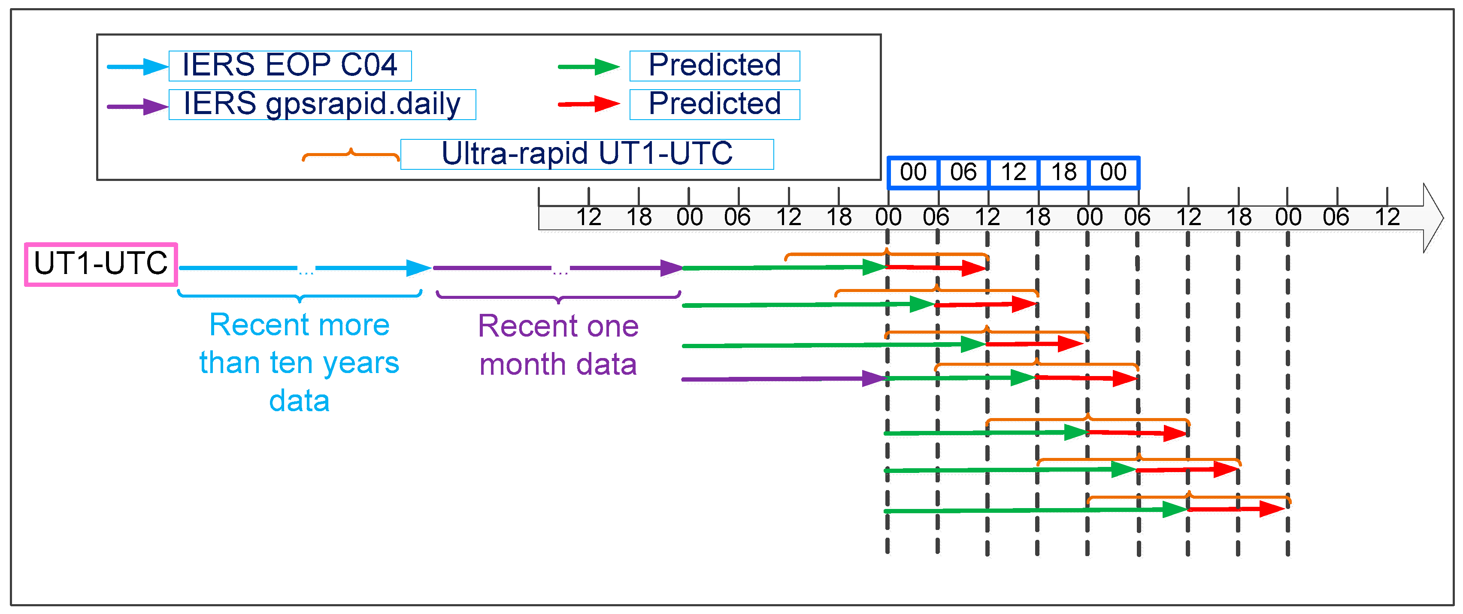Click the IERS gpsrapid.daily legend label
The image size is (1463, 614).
click(x=322, y=105)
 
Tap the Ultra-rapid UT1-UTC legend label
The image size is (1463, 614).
click(x=587, y=154)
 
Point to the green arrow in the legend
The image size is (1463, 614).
click(x=589, y=67)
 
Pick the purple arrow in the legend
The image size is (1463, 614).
click(x=137, y=106)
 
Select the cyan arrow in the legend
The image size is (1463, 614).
click(x=137, y=67)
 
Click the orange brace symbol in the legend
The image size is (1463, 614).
click(x=351, y=155)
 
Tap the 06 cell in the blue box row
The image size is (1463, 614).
click(x=963, y=172)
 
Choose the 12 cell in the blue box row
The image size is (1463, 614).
click(x=1013, y=172)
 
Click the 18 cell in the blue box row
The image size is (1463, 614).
click(x=1063, y=172)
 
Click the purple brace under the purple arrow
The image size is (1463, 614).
click(x=558, y=297)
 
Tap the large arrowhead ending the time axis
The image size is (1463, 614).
click(x=1433, y=218)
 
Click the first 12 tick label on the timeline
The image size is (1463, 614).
click(x=588, y=217)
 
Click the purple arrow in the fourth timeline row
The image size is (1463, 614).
click(x=784, y=379)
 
